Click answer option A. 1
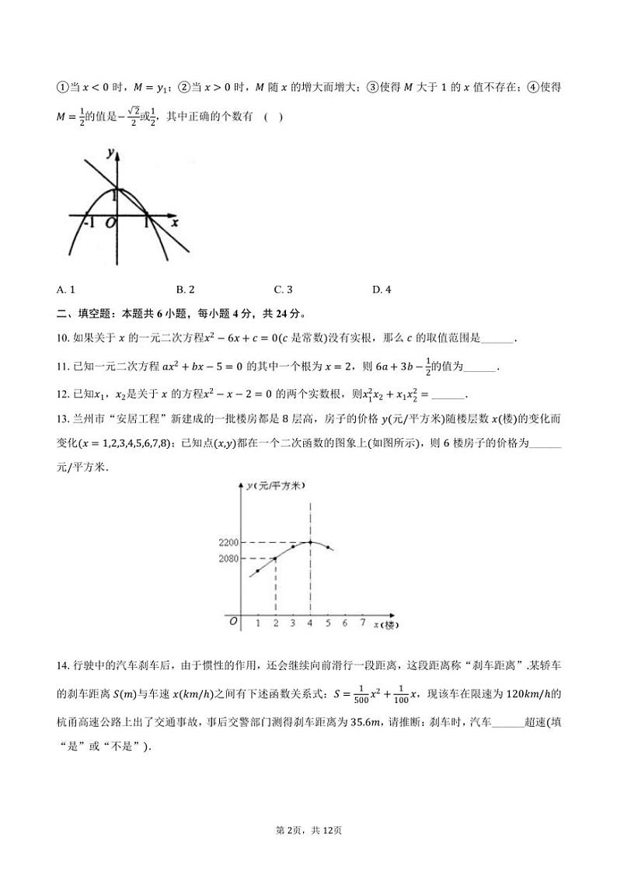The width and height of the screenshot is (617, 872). pos(66,290)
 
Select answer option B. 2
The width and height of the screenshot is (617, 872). pos(185,290)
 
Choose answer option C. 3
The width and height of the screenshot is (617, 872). pos(284,290)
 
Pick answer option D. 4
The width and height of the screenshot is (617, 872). pos(382,290)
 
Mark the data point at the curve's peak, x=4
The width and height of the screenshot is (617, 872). pos(311,542)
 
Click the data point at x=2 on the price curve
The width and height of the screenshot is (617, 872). pos(275,558)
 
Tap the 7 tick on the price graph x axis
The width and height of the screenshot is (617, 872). pos(363,623)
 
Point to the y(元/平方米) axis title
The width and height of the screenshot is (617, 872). pos(275,485)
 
